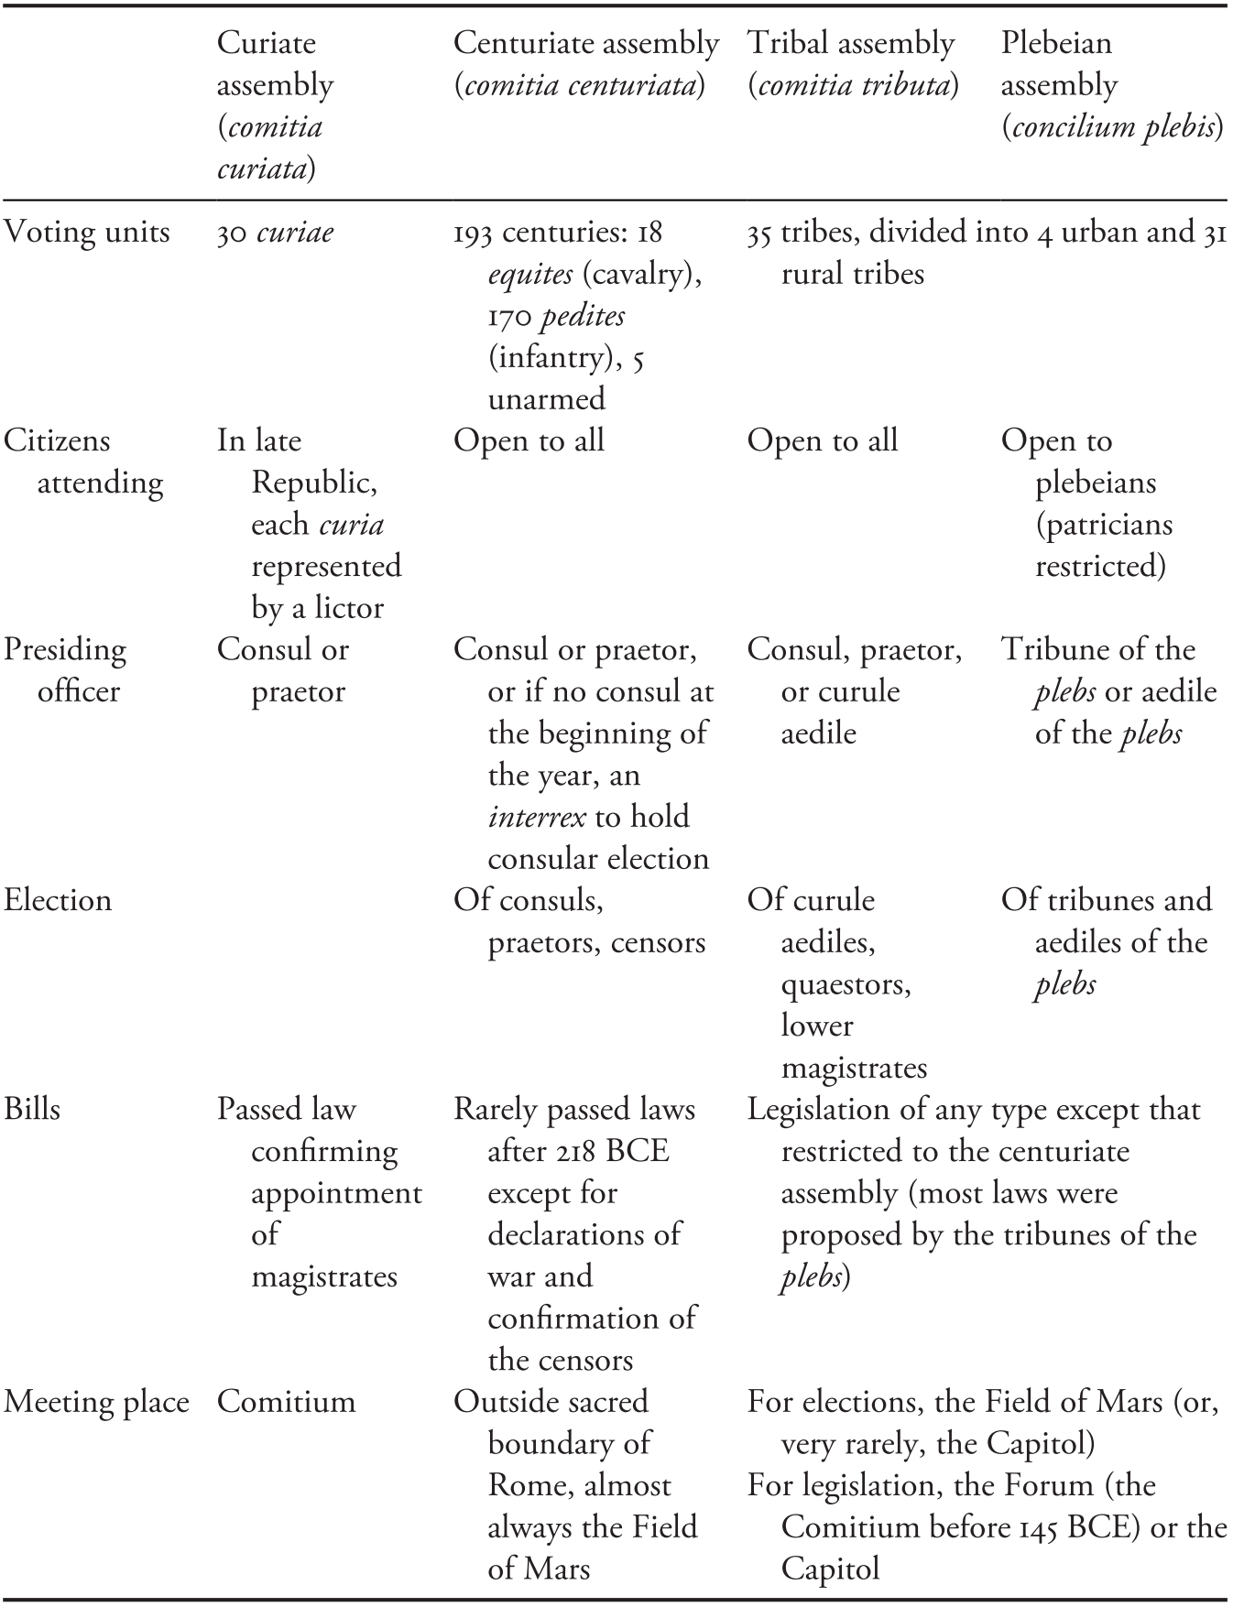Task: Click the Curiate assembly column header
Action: pos(275,105)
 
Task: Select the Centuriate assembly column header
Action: pos(586,64)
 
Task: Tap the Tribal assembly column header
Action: pos(852,64)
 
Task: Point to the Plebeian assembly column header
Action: pos(1111,84)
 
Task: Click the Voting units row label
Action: pos(87,233)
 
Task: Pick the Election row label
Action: pos(58,900)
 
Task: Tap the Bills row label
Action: pos(32,1109)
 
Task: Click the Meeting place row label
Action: pos(96,1402)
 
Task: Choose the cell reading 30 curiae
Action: pos(275,233)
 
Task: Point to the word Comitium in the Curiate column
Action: pos(286,1402)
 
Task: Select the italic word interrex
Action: pos(537,817)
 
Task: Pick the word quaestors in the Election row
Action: pos(846,984)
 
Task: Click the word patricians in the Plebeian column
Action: pos(1104,525)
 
